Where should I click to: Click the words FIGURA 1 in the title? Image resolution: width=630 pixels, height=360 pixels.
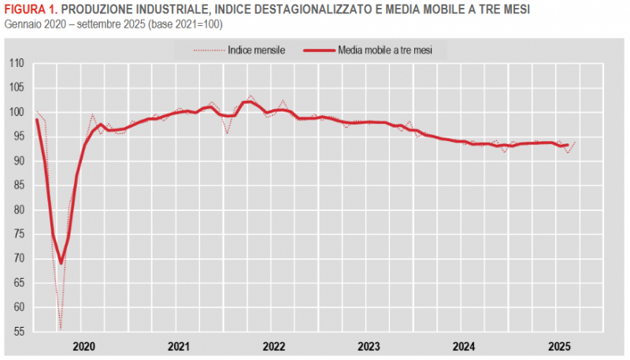tap(28, 9)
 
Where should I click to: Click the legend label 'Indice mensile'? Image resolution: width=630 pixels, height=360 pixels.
tap(256, 50)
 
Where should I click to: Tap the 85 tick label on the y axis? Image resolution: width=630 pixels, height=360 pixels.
tap(18, 185)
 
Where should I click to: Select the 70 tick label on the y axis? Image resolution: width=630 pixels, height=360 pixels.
tap(18, 258)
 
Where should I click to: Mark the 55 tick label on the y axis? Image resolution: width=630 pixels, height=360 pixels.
tap(18, 332)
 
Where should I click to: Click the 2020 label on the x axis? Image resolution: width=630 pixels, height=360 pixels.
tap(83, 346)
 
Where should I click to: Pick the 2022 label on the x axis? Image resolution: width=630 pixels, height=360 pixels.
tap(273, 346)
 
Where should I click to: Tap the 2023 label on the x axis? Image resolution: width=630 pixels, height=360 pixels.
tap(369, 346)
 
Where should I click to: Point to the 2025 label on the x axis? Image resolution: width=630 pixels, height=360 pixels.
tap(559, 346)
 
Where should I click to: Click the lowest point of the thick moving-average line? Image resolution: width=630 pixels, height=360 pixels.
tap(61, 263)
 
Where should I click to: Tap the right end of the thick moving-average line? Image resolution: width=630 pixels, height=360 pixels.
tap(568, 144)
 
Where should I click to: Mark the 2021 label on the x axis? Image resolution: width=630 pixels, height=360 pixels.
tap(179, 346)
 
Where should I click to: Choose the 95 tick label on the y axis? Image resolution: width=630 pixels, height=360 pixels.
tap(18, 136)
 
